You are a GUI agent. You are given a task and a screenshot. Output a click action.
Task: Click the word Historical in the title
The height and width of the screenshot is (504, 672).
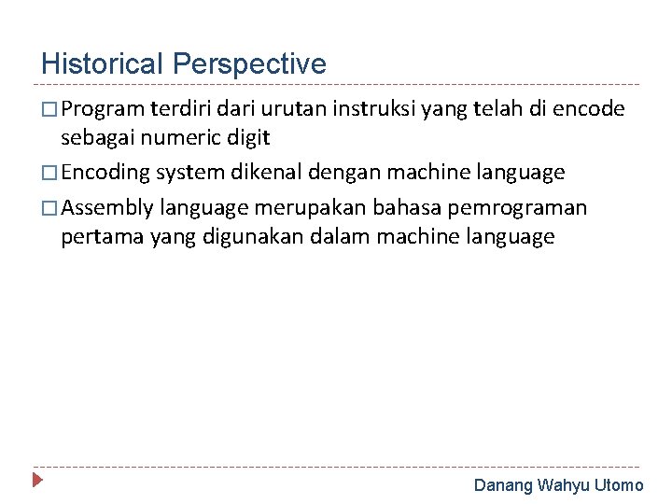[x=103, y=63]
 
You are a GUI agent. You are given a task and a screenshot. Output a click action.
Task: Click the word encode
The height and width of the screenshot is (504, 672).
[x=589, y=110]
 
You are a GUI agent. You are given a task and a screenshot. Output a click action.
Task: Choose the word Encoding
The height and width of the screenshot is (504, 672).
[x=107, y=173]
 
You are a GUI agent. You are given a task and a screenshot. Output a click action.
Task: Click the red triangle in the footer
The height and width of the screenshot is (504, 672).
[x=37, y=483]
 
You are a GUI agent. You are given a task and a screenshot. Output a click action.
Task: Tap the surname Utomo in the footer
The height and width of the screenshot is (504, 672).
[x=619, y=485]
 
